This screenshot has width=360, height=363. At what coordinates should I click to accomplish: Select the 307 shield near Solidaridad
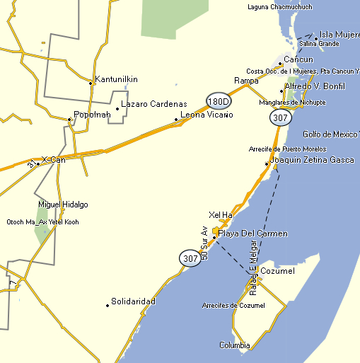190,259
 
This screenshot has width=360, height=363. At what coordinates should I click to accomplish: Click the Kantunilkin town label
117,79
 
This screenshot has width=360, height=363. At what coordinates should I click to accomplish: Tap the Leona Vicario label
207,114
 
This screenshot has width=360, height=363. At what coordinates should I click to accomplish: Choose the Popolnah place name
93,115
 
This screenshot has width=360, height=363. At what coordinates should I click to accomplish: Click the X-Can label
54,160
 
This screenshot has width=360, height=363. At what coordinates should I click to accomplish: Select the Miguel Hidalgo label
63,204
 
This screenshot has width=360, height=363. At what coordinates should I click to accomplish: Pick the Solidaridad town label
133,301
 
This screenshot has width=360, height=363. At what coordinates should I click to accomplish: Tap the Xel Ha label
221,214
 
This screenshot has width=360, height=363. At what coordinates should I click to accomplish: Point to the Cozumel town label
277,271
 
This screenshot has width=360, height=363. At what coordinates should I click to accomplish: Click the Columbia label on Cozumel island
234,345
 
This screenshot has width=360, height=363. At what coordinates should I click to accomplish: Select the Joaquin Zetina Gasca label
312,160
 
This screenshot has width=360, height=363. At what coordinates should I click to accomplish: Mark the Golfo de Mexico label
330,134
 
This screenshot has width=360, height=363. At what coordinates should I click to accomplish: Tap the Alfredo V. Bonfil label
315,86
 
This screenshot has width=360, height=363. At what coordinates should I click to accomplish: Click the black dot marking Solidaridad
108,305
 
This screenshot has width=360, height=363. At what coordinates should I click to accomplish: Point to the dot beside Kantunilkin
91,83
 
